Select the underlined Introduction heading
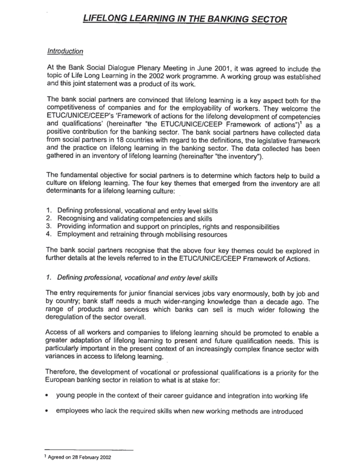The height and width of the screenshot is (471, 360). [65, 52]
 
